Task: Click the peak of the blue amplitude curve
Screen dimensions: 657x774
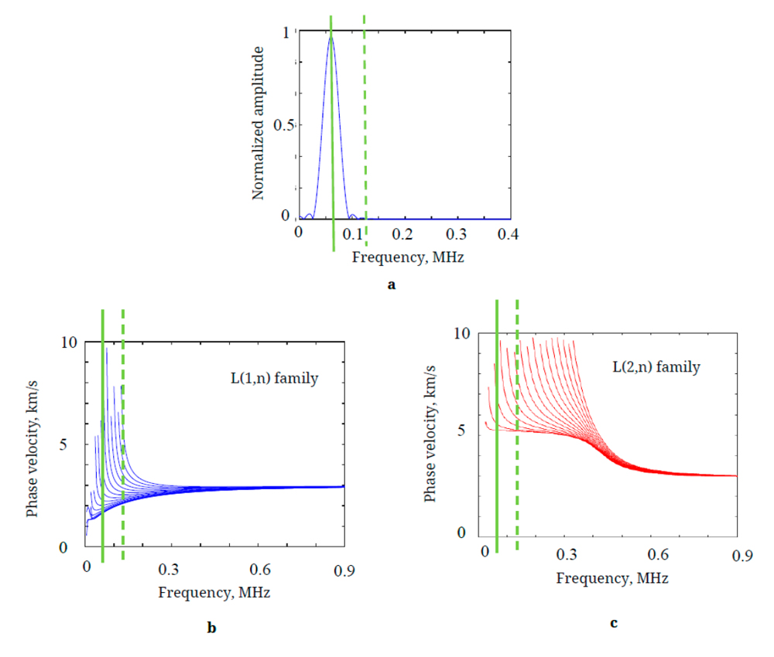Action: point(331,36)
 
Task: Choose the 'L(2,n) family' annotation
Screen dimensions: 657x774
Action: point(656,366)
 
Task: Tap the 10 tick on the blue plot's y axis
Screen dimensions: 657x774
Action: point(68,342)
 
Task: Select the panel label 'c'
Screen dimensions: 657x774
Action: point(614,623)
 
